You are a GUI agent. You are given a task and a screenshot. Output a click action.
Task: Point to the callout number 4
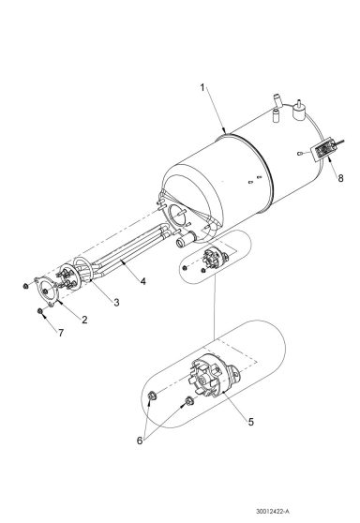point(142,280)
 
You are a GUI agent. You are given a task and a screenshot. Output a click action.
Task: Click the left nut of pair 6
point(153,396)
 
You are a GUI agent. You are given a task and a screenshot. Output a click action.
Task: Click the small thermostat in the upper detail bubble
point(217,258)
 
